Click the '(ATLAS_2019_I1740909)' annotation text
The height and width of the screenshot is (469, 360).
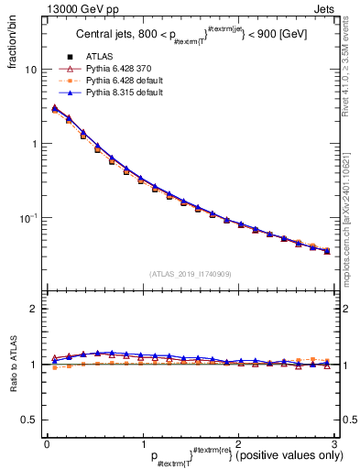tap(190, 274)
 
